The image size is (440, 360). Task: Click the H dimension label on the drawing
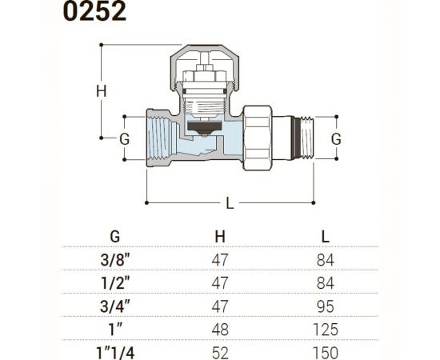pyautogui.click(x=101, y=91)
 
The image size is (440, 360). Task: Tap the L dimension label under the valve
pyautogui.click(x=230, y=203)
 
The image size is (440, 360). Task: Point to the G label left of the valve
pyautogui.click(x=124, y=138)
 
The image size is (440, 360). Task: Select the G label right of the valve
pyautogui.click(x=336, y=138)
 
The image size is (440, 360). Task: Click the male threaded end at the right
pyautogui.click(x=302, y=138)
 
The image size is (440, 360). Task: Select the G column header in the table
pyautogui.click(x=115, y=236)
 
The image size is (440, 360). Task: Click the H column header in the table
pyautogui.click(x=220, y=236)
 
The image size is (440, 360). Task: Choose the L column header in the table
pyautogui.click(x=325, y=236)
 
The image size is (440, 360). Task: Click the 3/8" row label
pyautogui.click(x=115, y=259)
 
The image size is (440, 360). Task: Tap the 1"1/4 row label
pyautogui.click(x=115, y=352)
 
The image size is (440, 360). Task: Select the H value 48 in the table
pyautogui.click(x=221, y=329)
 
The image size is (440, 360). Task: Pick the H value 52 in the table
pyautogui.click(x=221, y=352)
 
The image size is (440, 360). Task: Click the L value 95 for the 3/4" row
pyautogui.click(x=325, y=306)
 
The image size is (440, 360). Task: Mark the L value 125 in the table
pyautogui.click(x=325, y=329)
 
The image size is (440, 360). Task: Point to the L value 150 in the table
pyautogui.click(x=325, y=352)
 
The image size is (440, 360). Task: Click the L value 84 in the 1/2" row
pyautogui.click(x=325, y=282)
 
